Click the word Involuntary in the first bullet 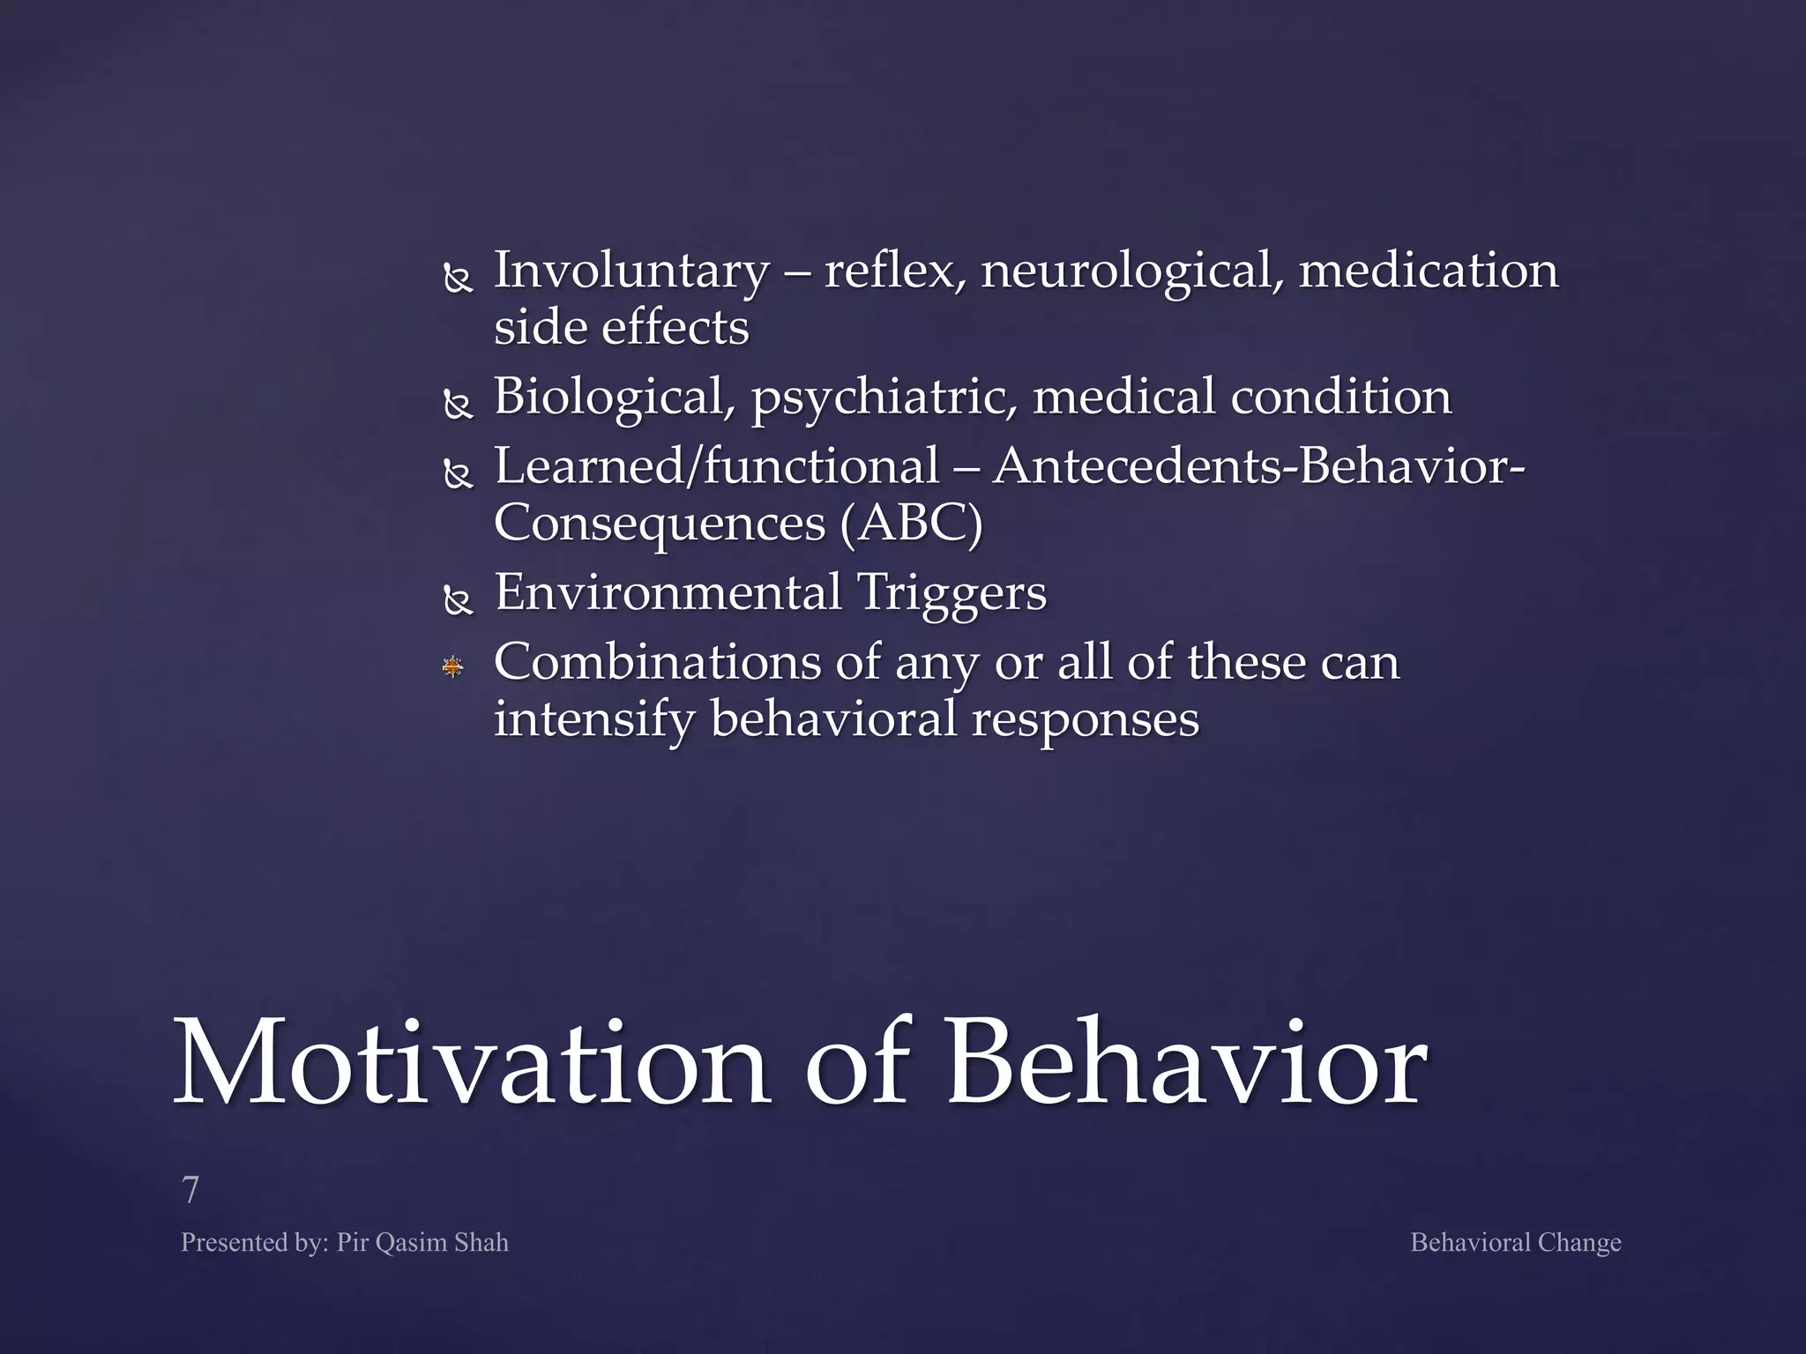(x=631, y=272)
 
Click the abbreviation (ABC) (x=911, y=524)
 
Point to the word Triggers (x=952, y=592)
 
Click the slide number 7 (x=190, y=1190)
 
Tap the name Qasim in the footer (x=411, y=1243)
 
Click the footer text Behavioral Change (x=1515, y=1243)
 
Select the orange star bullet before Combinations (x=453, y=666)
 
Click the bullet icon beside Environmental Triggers (x=459, y=601)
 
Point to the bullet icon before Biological (x=459, y=405)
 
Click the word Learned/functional (x=716, y=467)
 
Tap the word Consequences (x=660, y=524)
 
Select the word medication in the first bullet (x=1428, y=272)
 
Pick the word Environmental (x=668, y=592)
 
